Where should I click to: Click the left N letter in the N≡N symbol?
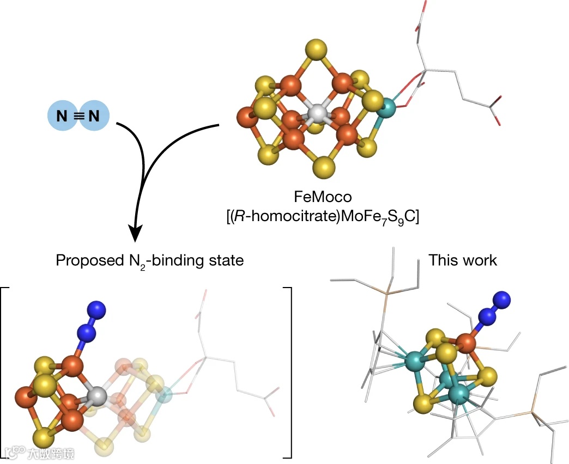point(66,115)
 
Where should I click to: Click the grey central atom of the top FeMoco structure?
point(317,113)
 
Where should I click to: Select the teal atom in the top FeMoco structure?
point(388,107)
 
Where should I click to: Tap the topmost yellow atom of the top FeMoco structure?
point(317,52)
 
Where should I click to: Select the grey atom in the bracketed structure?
point(96,396)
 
